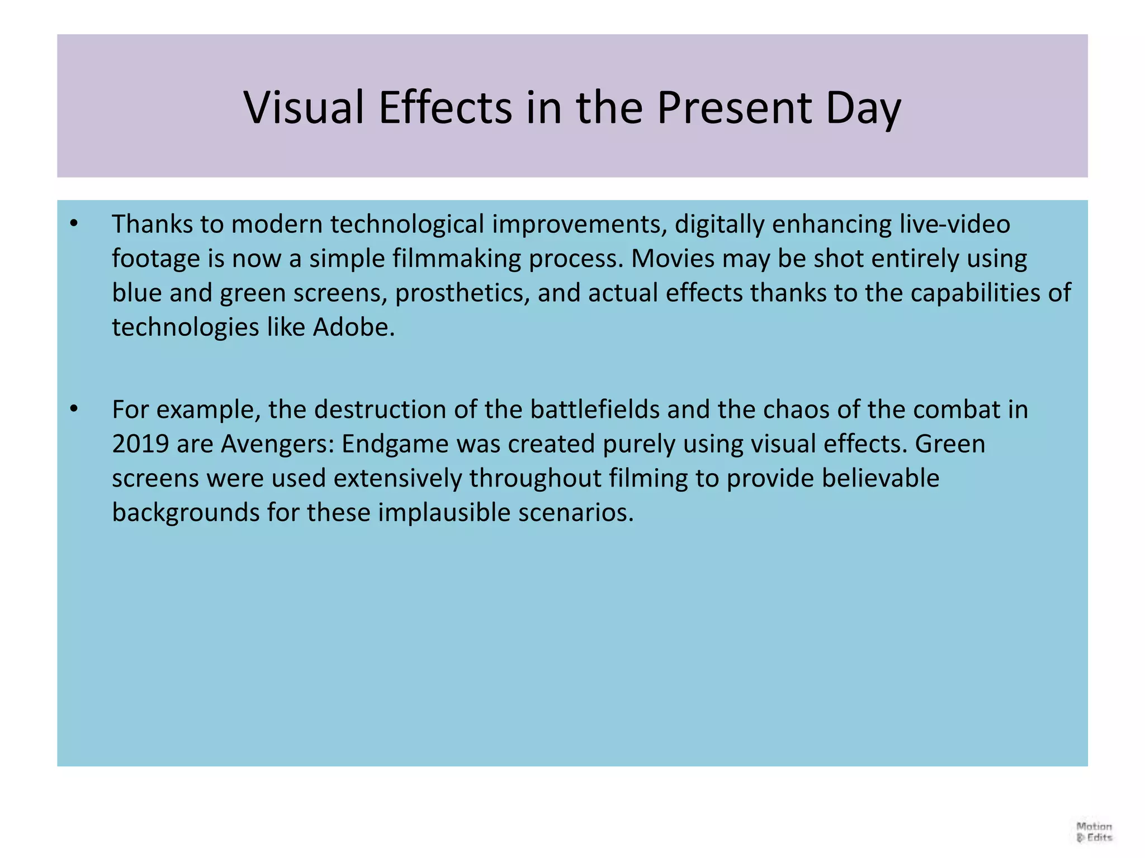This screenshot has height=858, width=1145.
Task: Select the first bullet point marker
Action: click(74, 224)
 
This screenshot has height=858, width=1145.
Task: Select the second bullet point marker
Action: click(74, 409)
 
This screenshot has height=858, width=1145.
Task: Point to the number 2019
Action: click(140, 444)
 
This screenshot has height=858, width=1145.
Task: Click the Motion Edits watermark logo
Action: click(1094, 832)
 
